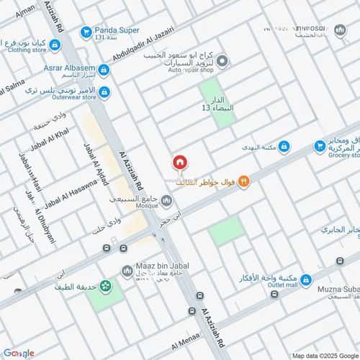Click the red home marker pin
[x=179, y=163]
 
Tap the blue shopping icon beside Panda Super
[x=86, y=32]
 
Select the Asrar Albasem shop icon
[x=104, y=70]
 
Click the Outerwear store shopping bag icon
[x=104, y=92]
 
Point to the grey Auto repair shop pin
[x=223, y=61]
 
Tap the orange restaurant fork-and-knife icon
[x=243, y=181]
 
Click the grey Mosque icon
[x=167, y=199]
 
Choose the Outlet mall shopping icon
[x=305, y=279]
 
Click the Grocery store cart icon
[x=320, y=147]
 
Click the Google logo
[x=19, y=352]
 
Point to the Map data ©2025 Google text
[x=324, y=355]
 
